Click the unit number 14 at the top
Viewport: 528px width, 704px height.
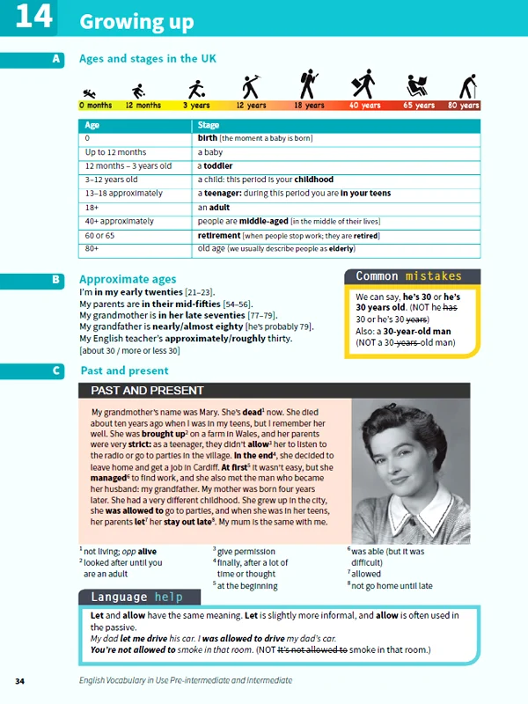pyautogui.click(x=35, y=18)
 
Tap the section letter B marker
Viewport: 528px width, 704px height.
pyautogui.click(x=56, y=279)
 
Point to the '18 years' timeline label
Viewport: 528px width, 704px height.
pyautogui.click(x=309, y=106)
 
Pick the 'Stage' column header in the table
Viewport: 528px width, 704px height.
pyautogui.click(x=209, y=125)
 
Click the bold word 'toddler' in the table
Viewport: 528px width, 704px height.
pyautogui.click(x=216, y=165)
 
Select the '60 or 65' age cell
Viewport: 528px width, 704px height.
pyautogui.click(x=99, y=235)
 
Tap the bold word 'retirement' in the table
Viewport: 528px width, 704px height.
pyautogui.click(x=220, y=235)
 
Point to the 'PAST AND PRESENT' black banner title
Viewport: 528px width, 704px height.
pyautogui.click(x=147, y=390)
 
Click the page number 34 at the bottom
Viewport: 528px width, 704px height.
pyautogui.click(x=20, y=681)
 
